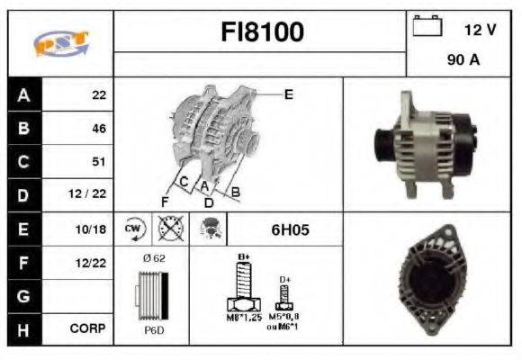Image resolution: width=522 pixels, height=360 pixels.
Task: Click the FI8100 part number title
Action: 263,32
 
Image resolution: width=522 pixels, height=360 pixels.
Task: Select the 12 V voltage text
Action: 480,30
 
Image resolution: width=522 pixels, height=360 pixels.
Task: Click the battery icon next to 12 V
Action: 425,28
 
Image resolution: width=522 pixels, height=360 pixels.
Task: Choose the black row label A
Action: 22,94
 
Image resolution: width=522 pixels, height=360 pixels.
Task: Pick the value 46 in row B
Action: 98,129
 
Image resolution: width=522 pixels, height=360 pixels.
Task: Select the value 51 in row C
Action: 98,162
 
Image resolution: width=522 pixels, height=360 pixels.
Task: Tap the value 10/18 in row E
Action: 92,229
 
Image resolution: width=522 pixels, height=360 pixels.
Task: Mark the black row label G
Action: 22,295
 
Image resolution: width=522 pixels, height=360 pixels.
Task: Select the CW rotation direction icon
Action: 134,229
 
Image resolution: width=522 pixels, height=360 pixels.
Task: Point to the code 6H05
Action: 290,229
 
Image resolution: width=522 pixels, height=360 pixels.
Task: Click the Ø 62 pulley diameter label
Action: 154,258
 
